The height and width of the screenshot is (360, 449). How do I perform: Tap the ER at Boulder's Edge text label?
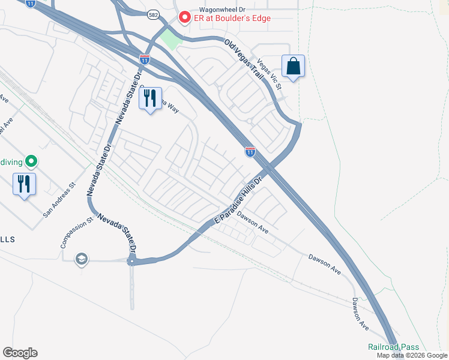(232, 18)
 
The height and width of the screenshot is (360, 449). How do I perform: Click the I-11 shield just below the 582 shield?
(144, 59)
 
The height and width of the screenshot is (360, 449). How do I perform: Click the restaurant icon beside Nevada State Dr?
(150, 98)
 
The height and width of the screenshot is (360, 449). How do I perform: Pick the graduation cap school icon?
(81, 259)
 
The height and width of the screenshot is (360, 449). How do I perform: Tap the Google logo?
(20, 353)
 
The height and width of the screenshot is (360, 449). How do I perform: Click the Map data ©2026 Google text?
(412, 355)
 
